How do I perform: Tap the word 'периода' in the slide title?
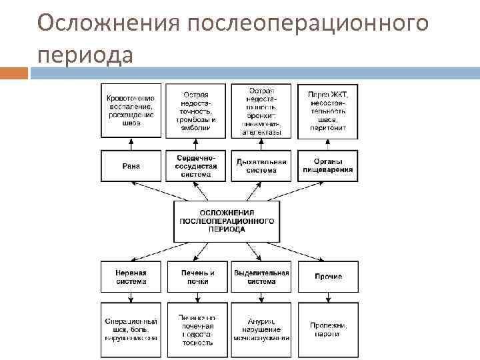pyautogui.click(x=85, y=55)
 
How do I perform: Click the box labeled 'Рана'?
pyautogui.click(x=131, y=166)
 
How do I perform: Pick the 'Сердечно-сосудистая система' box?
pyautogui.click(x=196, y=166)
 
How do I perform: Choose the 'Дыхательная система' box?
pyautogui.click(x=261, y=166)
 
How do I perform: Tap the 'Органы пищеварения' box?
pyautogui.click(x=327, y=166)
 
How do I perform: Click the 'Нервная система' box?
pyautogui.click(x=131, y=277)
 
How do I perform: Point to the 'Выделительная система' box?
pyautogui.click(x=261, y=277)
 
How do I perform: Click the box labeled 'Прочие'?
pyautogui.click(x=327, y=277)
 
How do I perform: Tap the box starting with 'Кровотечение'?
pyautogui.click(x=131, y=111)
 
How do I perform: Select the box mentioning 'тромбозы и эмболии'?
pyautogui.click(x=196, y=111)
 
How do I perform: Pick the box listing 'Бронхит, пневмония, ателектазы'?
pyautogui.click(x=261, y=111)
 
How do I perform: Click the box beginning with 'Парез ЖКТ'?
pyautogui.click(x=327, y=111)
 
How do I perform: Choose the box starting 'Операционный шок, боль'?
pyautogui.click(x=131, y=330)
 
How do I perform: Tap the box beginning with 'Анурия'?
pyautogui.click(x=261, y=330)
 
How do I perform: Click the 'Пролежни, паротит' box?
pyautogui.click(x=327, y=330)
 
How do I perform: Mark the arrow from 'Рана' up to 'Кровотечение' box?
pyautogui.click(x=131, y=144)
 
